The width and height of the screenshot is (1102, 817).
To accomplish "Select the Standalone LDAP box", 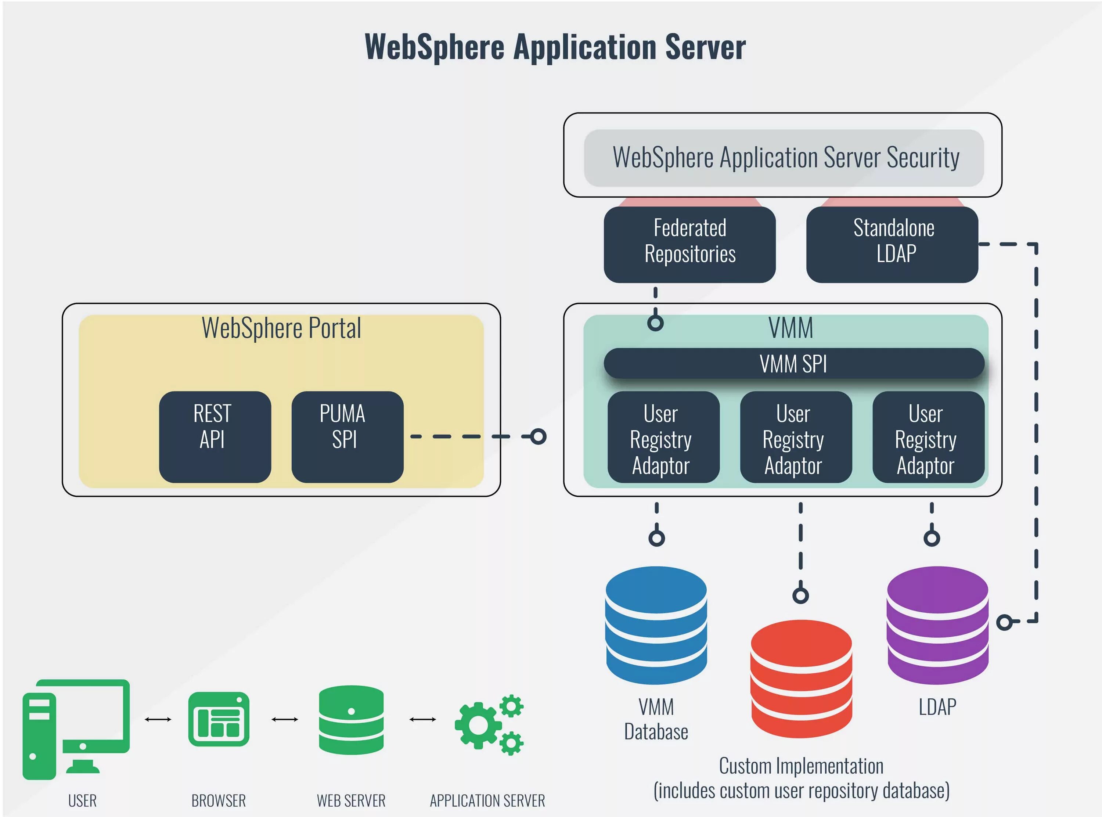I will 892,244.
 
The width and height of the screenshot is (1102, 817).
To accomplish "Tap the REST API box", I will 215,437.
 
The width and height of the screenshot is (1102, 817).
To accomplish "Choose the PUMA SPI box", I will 347,437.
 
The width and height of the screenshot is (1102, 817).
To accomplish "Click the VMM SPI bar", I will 793,363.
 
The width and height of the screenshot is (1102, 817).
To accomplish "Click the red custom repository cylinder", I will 801,678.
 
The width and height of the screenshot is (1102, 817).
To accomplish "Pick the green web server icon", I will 351,720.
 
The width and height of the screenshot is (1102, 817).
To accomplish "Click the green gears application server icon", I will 489,724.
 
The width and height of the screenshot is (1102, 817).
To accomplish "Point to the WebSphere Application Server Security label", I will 786,158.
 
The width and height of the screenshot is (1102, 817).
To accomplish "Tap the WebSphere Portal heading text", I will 281,328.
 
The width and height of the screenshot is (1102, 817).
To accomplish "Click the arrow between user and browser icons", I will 158,720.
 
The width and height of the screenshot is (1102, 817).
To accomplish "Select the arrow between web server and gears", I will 423,720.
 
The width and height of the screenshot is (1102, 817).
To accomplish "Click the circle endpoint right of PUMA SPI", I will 539,437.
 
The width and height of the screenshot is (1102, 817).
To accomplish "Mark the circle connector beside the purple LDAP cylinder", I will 1004,622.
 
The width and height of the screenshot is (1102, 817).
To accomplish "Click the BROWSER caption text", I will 219,800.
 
